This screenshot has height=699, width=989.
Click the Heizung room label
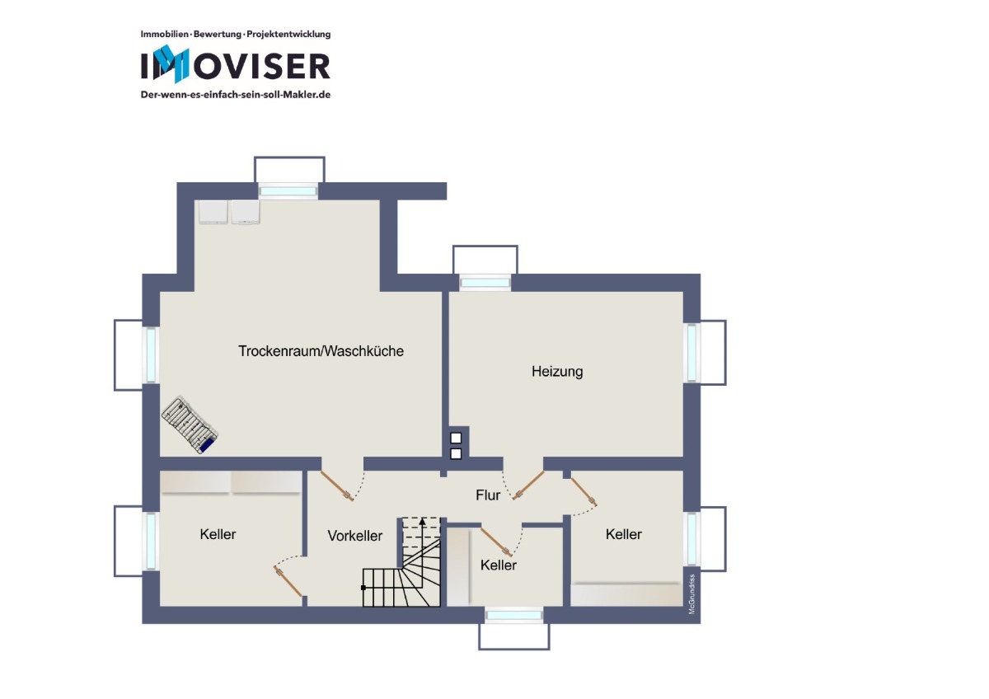(557, 372)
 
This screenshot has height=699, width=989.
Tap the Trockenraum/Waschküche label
(321, 351)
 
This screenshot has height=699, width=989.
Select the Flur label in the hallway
(488, 495)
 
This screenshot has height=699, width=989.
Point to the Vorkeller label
(355, 536)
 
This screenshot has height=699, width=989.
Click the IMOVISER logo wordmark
(236, 64)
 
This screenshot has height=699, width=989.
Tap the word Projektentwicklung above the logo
(288, 34)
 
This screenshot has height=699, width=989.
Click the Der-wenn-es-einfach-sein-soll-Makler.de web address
(236, 95)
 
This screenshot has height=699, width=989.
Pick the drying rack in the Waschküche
(190, 425)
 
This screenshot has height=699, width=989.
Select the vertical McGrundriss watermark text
(691, 594)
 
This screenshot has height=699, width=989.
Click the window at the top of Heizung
(485, 283)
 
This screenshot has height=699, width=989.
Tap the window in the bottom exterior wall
(513, 615)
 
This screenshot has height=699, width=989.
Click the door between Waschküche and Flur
(336, 486)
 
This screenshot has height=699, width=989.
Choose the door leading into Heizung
(528, 486)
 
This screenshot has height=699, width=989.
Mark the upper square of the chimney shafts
(456, 438)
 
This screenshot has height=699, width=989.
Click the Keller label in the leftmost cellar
(218, 534)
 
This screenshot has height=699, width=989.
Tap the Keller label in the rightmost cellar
(623, 534)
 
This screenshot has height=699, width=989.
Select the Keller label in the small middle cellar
(499, 565)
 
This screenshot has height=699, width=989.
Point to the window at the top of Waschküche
(288, 191)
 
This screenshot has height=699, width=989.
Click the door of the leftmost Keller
(288, 582)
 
